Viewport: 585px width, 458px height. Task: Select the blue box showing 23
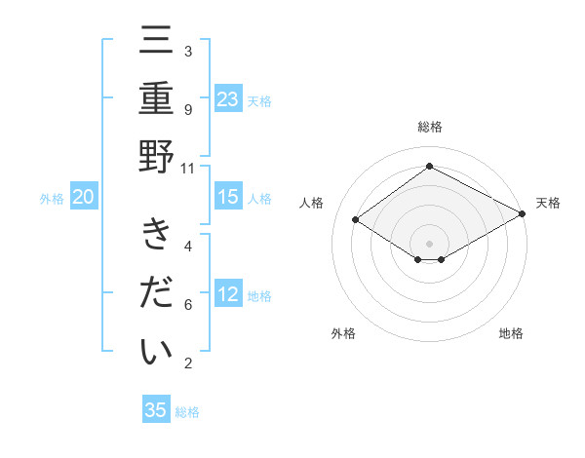point(228,98)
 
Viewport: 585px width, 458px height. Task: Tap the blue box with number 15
point(228,197)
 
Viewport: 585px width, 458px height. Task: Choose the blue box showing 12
point(228,294)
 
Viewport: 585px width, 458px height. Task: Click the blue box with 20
point(84,197)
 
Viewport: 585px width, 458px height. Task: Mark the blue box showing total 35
point(156,410)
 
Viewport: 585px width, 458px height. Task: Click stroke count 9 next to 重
point(188,110)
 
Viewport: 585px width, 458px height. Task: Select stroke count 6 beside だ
point(188,305)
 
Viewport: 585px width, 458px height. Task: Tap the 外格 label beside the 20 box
point(52,199)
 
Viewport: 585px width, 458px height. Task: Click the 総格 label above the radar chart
point(429,127)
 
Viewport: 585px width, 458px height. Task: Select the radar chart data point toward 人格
point(356,220)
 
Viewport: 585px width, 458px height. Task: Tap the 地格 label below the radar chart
point(511,334)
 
